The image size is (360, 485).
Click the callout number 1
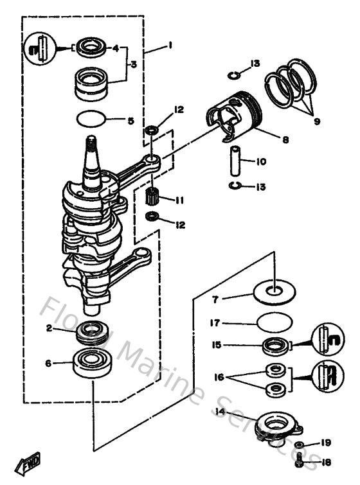170,45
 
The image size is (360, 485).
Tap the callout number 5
130,120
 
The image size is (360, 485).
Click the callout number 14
221,412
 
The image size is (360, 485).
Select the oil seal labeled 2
92,333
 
